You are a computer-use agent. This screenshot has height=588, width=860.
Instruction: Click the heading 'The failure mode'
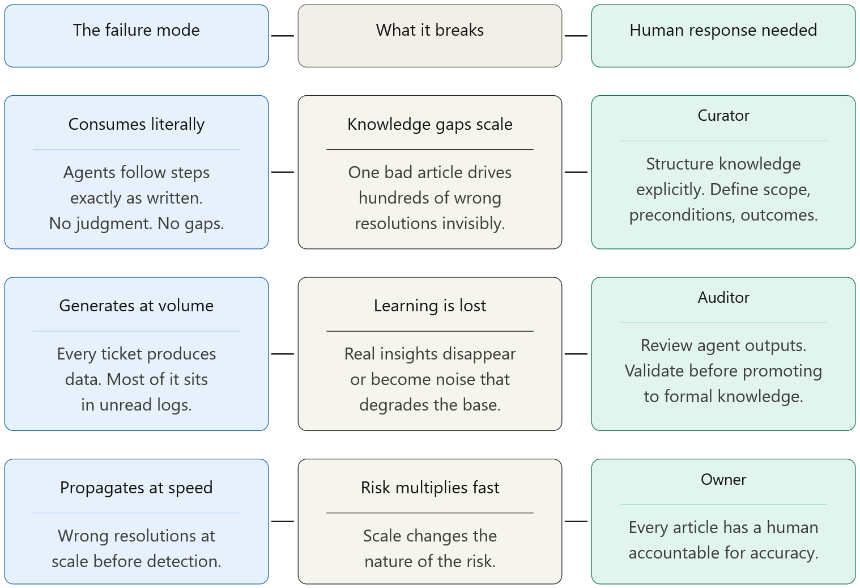[137, 30]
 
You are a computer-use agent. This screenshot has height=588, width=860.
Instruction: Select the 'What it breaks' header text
[429, 30]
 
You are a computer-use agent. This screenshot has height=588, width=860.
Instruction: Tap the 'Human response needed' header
[723, 30]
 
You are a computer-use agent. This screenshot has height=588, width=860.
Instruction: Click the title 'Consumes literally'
[137, 124]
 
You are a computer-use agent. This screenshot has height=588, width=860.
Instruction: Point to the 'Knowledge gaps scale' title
[429, 124]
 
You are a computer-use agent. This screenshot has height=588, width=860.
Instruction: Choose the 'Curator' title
[723, 115]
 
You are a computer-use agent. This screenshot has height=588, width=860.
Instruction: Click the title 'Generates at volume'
[137, 306]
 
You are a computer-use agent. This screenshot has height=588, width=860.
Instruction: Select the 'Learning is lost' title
[429, 306]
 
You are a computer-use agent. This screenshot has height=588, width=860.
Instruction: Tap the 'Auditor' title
[723, 297]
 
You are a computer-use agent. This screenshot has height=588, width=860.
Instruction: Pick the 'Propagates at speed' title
[137, 487]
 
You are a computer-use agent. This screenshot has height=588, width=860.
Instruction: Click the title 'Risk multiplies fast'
[429, 487]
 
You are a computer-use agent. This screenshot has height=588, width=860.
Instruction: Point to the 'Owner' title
[723, 479]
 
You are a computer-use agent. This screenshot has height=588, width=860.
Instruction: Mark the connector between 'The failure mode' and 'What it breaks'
[283, 36]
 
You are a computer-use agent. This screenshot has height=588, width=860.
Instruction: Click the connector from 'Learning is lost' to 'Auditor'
[576, 354]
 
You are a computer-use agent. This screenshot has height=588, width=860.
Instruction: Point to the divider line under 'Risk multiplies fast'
[429, 513]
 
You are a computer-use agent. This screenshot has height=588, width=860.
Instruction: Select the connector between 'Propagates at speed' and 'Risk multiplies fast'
[283, 521]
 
